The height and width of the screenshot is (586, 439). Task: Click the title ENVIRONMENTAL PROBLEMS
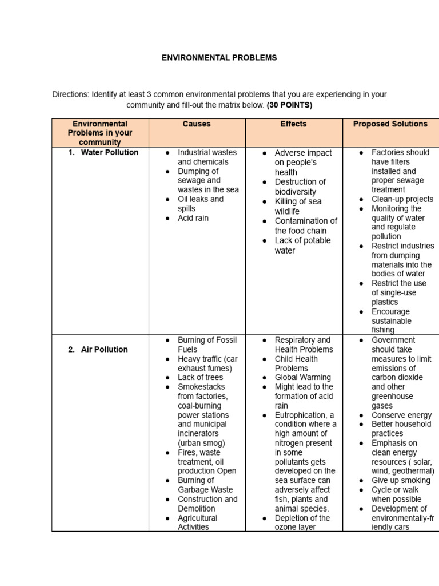(219, 58)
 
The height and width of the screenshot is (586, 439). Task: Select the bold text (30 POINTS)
(289, 105)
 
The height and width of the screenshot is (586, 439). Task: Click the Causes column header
(197, 124)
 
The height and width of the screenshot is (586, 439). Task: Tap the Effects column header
(293, 124)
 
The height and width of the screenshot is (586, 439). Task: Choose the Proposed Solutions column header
(390, 124)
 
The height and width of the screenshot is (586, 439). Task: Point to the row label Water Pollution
(109, 153)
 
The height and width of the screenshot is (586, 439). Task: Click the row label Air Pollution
(104, 350)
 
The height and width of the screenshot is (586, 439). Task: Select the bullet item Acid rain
(193, 218)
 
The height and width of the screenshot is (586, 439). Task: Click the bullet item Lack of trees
(200, 378)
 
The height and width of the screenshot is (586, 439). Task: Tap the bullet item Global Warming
(302, 378)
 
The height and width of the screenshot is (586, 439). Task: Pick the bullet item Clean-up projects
(402, 199)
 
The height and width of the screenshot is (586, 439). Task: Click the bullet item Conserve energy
(401, 415)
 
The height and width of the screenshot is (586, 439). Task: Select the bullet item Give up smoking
(401, 481)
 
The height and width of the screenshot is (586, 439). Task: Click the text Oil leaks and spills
(200, 204)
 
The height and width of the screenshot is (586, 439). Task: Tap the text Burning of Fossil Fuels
(205, 345)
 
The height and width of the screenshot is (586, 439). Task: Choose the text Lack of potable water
(302, 246)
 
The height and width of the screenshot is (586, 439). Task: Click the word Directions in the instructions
(70, 94)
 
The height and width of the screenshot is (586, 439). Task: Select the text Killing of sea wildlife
(297, 206)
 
